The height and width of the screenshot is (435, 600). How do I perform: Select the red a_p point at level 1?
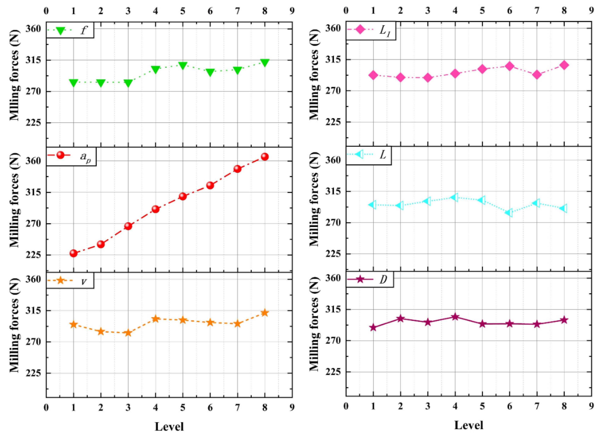point(74,253)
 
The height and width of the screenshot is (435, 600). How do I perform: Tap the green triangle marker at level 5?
point(182,65)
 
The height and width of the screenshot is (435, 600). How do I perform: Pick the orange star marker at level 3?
point(128,333)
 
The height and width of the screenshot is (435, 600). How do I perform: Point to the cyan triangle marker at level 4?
point(454,197)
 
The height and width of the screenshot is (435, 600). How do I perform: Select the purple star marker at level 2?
point(400,318)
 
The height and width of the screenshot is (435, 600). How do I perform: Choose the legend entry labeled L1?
point(370,30)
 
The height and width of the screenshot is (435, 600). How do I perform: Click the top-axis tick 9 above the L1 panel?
point(591,11)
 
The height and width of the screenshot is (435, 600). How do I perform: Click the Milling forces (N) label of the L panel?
point(314,209)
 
